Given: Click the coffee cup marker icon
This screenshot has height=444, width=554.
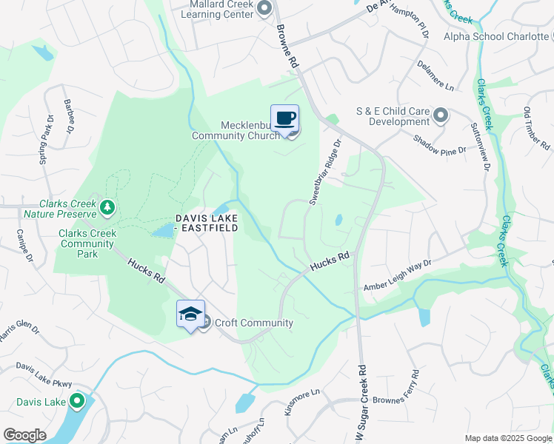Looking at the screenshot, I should (284, 118).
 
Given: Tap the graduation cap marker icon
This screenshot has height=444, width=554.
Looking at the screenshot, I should (190, 314).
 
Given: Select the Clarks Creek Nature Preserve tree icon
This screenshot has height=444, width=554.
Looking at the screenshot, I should (108, 206).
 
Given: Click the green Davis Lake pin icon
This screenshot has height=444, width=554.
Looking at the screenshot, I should (76, 402).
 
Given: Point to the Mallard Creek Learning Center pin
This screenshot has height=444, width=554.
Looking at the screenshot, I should (264, 7).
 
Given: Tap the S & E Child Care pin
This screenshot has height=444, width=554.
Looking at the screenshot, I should (441, 115).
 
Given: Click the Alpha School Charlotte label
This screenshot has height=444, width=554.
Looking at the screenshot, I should (494, 36).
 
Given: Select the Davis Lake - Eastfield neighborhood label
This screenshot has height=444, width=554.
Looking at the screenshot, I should (207, 223).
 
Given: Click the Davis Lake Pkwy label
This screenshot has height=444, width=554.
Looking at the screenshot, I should (44, 374).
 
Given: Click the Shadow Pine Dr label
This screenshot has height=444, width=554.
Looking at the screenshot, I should (439, 144).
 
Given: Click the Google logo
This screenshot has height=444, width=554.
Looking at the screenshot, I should (24, 435).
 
